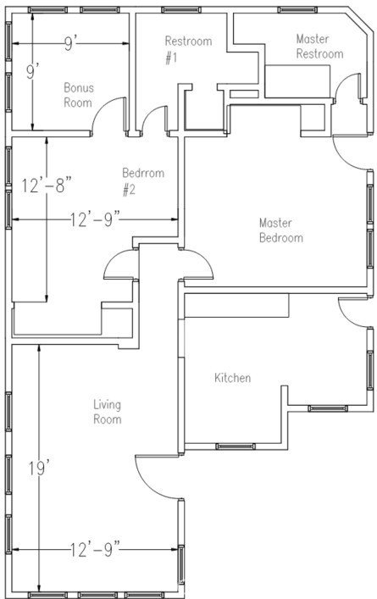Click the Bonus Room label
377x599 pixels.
78,95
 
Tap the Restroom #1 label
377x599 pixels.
188,49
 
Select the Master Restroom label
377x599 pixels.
319,47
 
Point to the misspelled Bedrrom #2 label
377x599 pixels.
143,181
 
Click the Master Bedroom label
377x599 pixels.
281,230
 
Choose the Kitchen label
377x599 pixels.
233,378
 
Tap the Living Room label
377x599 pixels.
108,412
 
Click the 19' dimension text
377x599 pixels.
40,469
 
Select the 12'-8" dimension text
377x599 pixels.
47,186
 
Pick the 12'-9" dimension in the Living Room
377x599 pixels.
95,550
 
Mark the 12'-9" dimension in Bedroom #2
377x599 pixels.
95,219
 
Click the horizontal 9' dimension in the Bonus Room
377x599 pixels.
70,43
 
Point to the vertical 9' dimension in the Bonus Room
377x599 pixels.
33,71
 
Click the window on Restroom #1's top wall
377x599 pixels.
180,9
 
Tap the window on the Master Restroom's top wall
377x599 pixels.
297,9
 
